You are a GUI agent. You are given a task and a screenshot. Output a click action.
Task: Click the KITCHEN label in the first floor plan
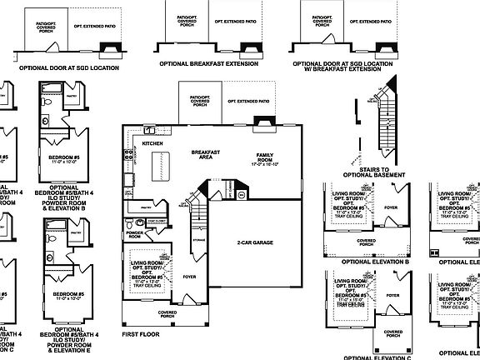tap(152, 144)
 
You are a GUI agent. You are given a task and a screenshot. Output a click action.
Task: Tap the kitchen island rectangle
tap(153, 173)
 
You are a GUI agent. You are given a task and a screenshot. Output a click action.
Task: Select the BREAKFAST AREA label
tap(205, 154)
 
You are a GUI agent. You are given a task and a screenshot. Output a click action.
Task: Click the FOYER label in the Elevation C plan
tap(393, 295)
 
